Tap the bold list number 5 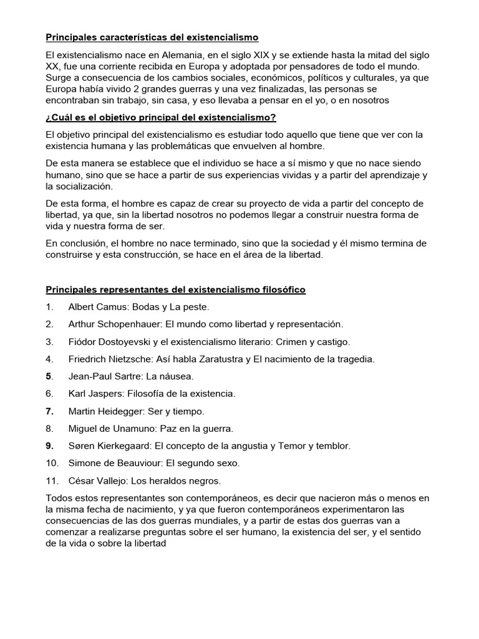coord(49,376)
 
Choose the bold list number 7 coord(49,411)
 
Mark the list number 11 coord(51,480)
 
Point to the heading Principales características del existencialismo coord(152,37)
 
